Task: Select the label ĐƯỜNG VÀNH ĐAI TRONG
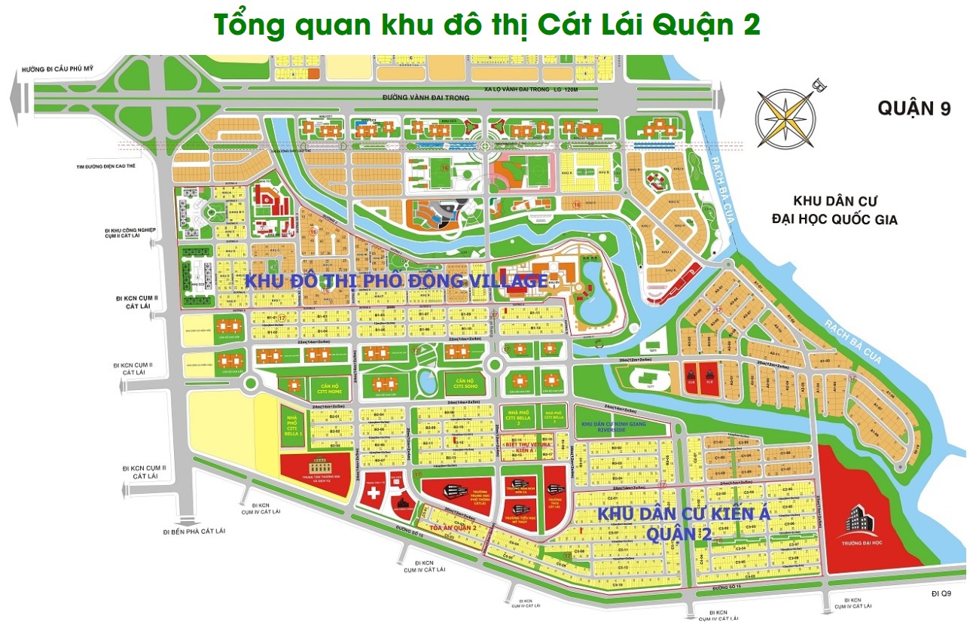[426, 98]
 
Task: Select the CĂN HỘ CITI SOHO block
[464, 384]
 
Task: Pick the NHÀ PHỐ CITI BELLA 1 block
[293, 424]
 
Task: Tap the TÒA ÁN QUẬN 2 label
[453, 528]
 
